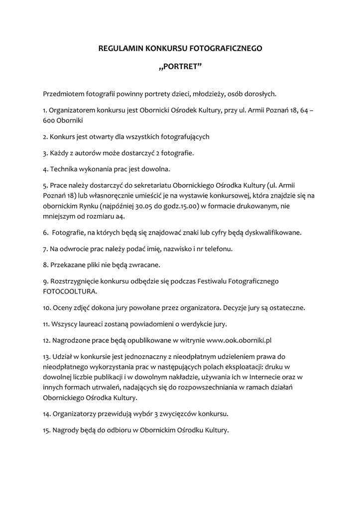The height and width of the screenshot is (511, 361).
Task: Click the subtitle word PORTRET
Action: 181,67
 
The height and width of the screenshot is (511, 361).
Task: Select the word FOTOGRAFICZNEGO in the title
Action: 225,48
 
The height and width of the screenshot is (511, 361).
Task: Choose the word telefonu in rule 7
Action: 219,249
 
